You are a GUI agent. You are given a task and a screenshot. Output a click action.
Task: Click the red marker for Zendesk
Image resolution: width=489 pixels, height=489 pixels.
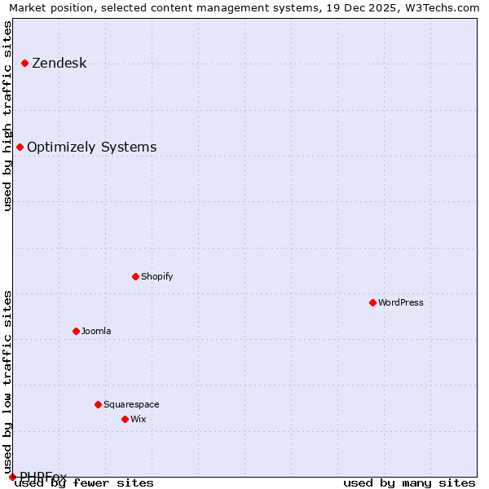24,63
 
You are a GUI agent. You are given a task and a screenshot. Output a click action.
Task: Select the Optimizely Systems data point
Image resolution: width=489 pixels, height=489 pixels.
20,147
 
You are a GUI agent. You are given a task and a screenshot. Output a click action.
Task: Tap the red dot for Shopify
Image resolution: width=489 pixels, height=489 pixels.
135,276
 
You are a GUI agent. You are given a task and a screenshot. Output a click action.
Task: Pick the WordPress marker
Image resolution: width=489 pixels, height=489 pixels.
372,302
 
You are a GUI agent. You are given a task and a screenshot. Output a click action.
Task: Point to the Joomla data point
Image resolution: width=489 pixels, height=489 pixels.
76,331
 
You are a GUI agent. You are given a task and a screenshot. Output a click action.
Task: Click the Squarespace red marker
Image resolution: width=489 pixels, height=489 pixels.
98,404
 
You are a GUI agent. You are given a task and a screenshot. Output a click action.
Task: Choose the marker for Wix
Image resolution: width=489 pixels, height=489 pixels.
125,419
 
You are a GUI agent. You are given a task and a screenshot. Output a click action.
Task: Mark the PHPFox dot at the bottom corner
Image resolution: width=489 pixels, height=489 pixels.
12,477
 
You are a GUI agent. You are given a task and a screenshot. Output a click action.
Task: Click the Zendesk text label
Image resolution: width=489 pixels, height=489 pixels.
59,63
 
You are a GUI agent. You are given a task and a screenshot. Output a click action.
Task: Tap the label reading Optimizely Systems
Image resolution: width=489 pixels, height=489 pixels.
91,147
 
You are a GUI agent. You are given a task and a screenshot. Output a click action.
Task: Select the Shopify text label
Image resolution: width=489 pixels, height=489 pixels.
156,276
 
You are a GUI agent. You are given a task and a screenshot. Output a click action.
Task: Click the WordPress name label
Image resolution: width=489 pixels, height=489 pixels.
400,302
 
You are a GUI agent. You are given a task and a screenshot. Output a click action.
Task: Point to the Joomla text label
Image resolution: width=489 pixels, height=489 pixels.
95,331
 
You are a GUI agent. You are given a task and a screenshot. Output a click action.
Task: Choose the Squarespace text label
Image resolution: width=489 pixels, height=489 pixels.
131,404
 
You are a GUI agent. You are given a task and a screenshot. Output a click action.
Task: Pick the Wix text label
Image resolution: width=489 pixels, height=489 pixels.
138,419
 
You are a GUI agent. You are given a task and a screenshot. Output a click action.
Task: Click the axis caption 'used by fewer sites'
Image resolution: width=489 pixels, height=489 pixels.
84,482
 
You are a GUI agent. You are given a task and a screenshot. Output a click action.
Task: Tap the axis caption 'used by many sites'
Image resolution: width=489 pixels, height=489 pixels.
409,482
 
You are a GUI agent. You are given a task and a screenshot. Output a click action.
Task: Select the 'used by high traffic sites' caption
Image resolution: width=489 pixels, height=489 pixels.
7,116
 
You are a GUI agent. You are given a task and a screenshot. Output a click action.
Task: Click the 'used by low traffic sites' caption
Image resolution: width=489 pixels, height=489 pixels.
7,377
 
